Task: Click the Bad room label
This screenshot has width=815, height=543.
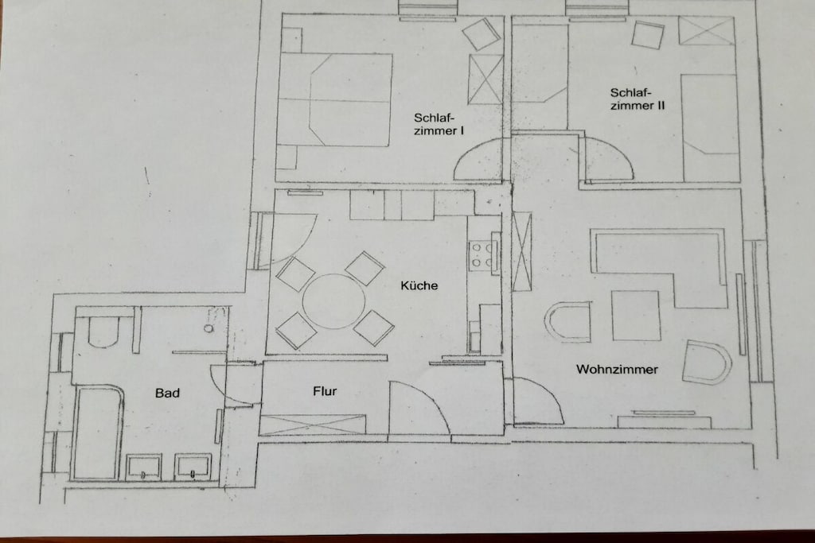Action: [167, 393]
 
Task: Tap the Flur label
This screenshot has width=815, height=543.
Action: [325, 391]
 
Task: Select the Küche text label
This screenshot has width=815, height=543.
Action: [419, 285]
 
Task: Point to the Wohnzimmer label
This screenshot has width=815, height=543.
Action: [617, 370]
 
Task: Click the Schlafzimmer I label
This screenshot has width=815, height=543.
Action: [439, 125]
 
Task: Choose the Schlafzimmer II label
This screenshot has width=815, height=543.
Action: [638, 99]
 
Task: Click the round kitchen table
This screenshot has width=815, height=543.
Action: [333, 301]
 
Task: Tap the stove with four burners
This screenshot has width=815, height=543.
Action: [482, 256]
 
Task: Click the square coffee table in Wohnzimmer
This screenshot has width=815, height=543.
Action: [636, 316]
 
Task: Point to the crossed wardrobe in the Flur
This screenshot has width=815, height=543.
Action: [312, 425]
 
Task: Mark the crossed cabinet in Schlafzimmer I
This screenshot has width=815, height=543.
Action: [485, 79]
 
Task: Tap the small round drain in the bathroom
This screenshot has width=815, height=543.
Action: [209, 328]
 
